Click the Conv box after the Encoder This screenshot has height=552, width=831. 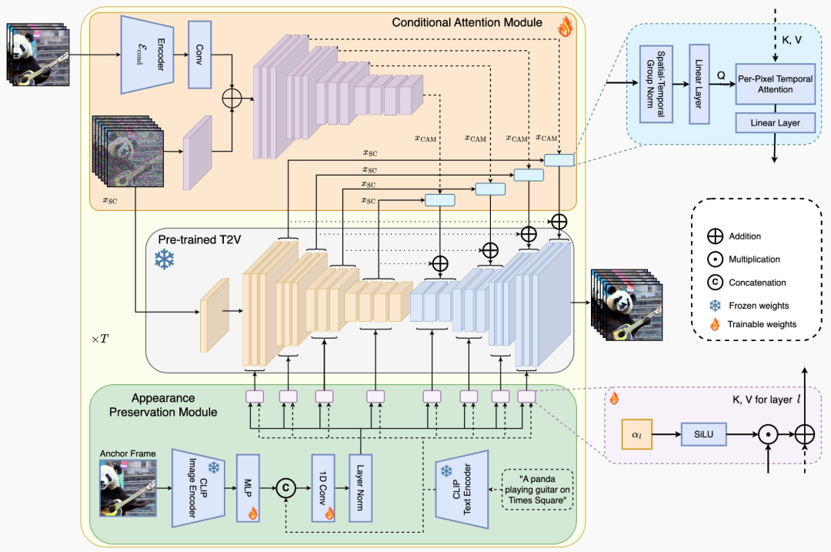point(200,55)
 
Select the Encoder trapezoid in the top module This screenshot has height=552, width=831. point(147,55)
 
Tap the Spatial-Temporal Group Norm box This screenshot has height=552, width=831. point(656,85)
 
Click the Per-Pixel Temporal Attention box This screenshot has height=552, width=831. point(776,84)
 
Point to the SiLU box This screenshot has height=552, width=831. point(703,434)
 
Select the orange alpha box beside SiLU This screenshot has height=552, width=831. point(636,434)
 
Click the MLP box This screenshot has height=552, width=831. point(248,488)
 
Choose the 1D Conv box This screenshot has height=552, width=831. point(323,488)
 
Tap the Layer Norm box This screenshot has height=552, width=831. point(360,488)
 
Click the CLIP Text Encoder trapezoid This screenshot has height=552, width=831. point(462,489)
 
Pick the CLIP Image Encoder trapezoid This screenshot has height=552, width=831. point(199,488)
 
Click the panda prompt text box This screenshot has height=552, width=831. point(537,490)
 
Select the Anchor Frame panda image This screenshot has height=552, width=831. point(128,488)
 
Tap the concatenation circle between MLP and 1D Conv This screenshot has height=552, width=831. point(285,488)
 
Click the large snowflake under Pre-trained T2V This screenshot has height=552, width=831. point(165,259)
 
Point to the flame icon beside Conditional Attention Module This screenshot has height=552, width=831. point(566,26)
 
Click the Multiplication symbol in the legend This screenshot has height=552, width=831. point(715,259)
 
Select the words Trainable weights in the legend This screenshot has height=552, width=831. point(762,324)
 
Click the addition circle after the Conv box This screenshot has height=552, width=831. point(232,98)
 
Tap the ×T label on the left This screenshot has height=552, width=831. point(100,339)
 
